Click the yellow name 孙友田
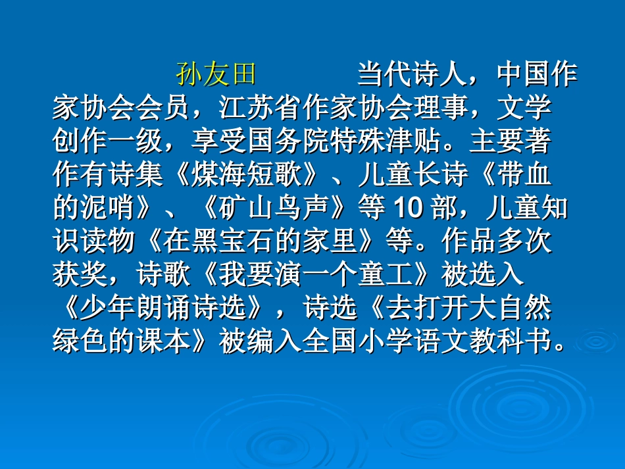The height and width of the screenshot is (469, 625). click(x=215, y=75)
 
